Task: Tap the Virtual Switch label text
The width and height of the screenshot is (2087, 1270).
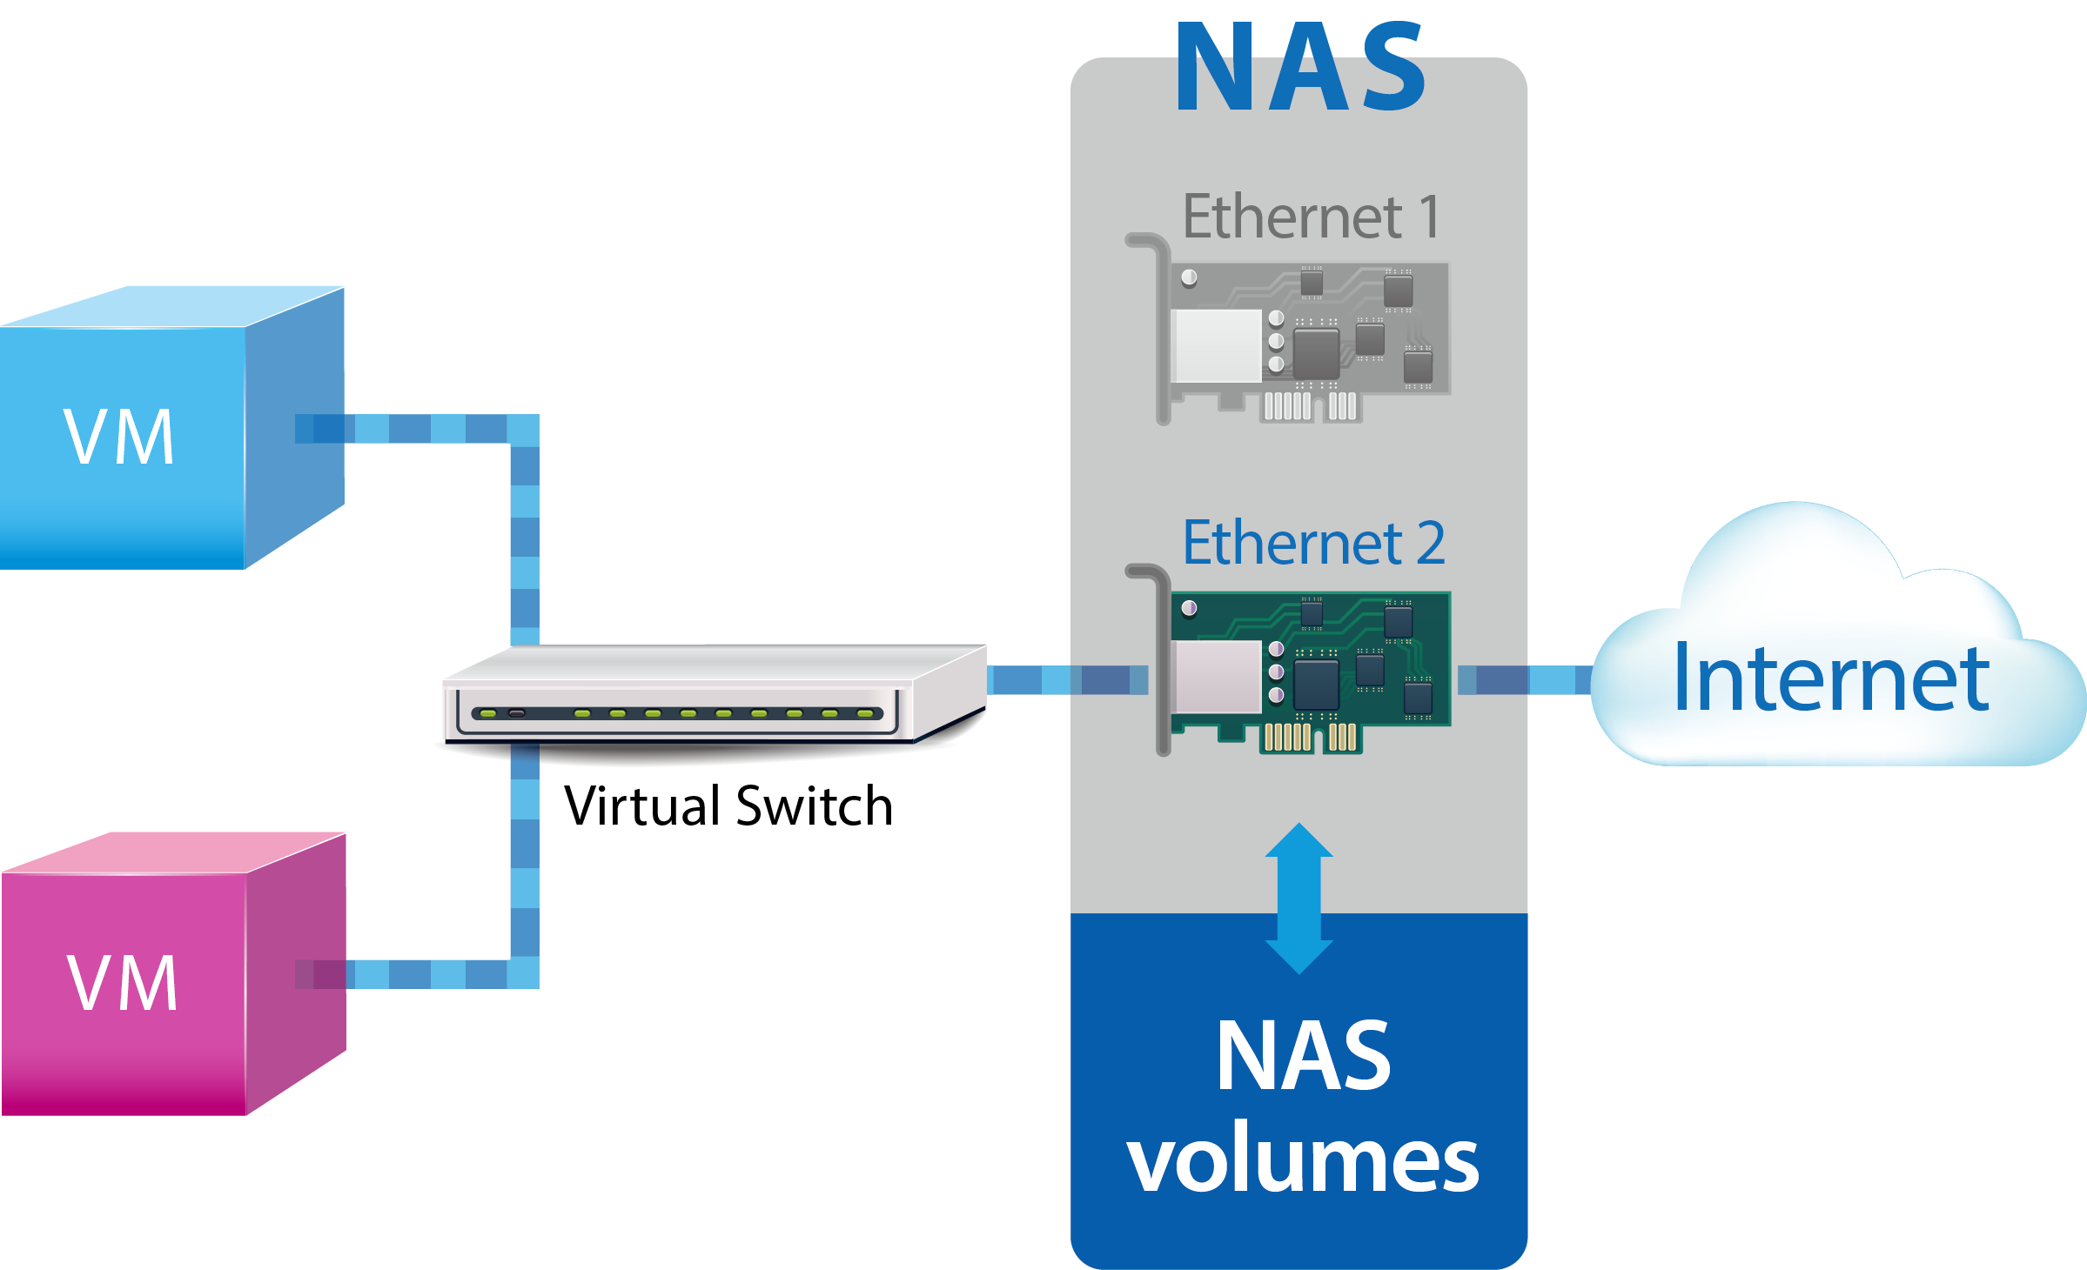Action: pyautogui.click(x=728, y=805)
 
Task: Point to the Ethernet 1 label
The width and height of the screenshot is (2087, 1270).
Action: pyautogui.click(x=1311, y=217)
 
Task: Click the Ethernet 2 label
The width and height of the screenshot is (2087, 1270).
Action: pyautogui.click(x=1312, y=543)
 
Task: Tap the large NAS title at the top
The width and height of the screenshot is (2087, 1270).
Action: pyautogui.click(x=1300, y=68)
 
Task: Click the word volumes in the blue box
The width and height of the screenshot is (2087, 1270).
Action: pyautogui.click(x=1302, y=1159)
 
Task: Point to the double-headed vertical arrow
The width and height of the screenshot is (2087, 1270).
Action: pyautogui.click(x=1299, y=898)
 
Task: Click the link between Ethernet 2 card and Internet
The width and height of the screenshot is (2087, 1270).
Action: pyautogui.click(x=1523, y=679)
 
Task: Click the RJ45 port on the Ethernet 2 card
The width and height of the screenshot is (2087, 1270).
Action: pyautogui.click(x=1217, y=677)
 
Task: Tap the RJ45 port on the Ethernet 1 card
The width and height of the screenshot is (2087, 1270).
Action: pyautogui.click(x=1217, y=345)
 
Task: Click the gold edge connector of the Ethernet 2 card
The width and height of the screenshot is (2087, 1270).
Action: pyautogui.click(x=1309, y=738)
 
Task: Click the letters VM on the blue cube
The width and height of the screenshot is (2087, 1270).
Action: pyautogui.click(x=119, y=437)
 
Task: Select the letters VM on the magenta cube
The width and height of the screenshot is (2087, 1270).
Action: pyautogui.click(x=123, y=983)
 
